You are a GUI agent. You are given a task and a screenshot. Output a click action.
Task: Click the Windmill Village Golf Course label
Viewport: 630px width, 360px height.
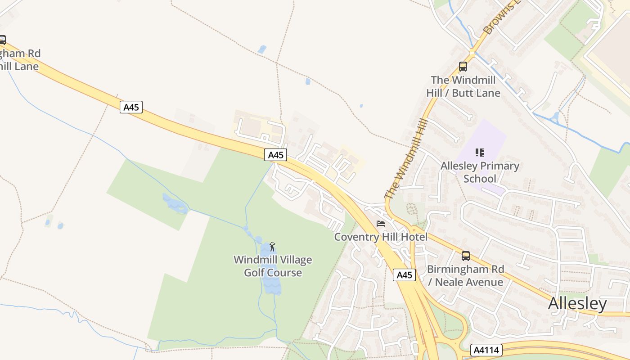[273, 266]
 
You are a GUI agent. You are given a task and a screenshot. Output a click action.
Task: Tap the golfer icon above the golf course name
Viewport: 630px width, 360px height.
[272, 247]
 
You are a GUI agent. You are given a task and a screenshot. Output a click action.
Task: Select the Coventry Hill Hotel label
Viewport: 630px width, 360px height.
[381, 237]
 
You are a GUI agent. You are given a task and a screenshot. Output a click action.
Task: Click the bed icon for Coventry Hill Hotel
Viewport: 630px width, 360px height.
[381, 224]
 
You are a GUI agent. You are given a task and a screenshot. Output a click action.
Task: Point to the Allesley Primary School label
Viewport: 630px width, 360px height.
[480, 172]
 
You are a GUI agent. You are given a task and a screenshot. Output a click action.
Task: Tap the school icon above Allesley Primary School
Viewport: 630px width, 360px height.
[480, 153]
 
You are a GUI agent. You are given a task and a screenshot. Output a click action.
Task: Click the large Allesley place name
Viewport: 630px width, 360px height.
[577, 304]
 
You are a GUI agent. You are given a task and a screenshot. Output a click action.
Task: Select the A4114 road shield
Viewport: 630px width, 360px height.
[486, 350]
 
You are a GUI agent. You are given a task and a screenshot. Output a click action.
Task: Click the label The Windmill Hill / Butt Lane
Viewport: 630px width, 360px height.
[463, 86]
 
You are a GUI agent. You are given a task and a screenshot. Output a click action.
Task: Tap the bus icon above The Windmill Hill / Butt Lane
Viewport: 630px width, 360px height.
[463, 67]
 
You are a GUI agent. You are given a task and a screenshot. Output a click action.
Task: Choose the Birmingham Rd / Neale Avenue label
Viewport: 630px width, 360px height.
[465, 275]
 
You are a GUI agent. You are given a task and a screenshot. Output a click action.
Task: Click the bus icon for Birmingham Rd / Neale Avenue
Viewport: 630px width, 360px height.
[466, 256]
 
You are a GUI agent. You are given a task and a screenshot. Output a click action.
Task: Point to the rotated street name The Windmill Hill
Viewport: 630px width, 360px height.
[406, 158]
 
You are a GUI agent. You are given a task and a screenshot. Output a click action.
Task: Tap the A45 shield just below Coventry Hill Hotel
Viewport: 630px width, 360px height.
[404, 275]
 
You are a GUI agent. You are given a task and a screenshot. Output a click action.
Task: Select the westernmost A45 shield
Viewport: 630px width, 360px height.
[131, 107]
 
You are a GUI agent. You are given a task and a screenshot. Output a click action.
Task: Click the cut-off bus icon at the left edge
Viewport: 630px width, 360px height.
[2, 40]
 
